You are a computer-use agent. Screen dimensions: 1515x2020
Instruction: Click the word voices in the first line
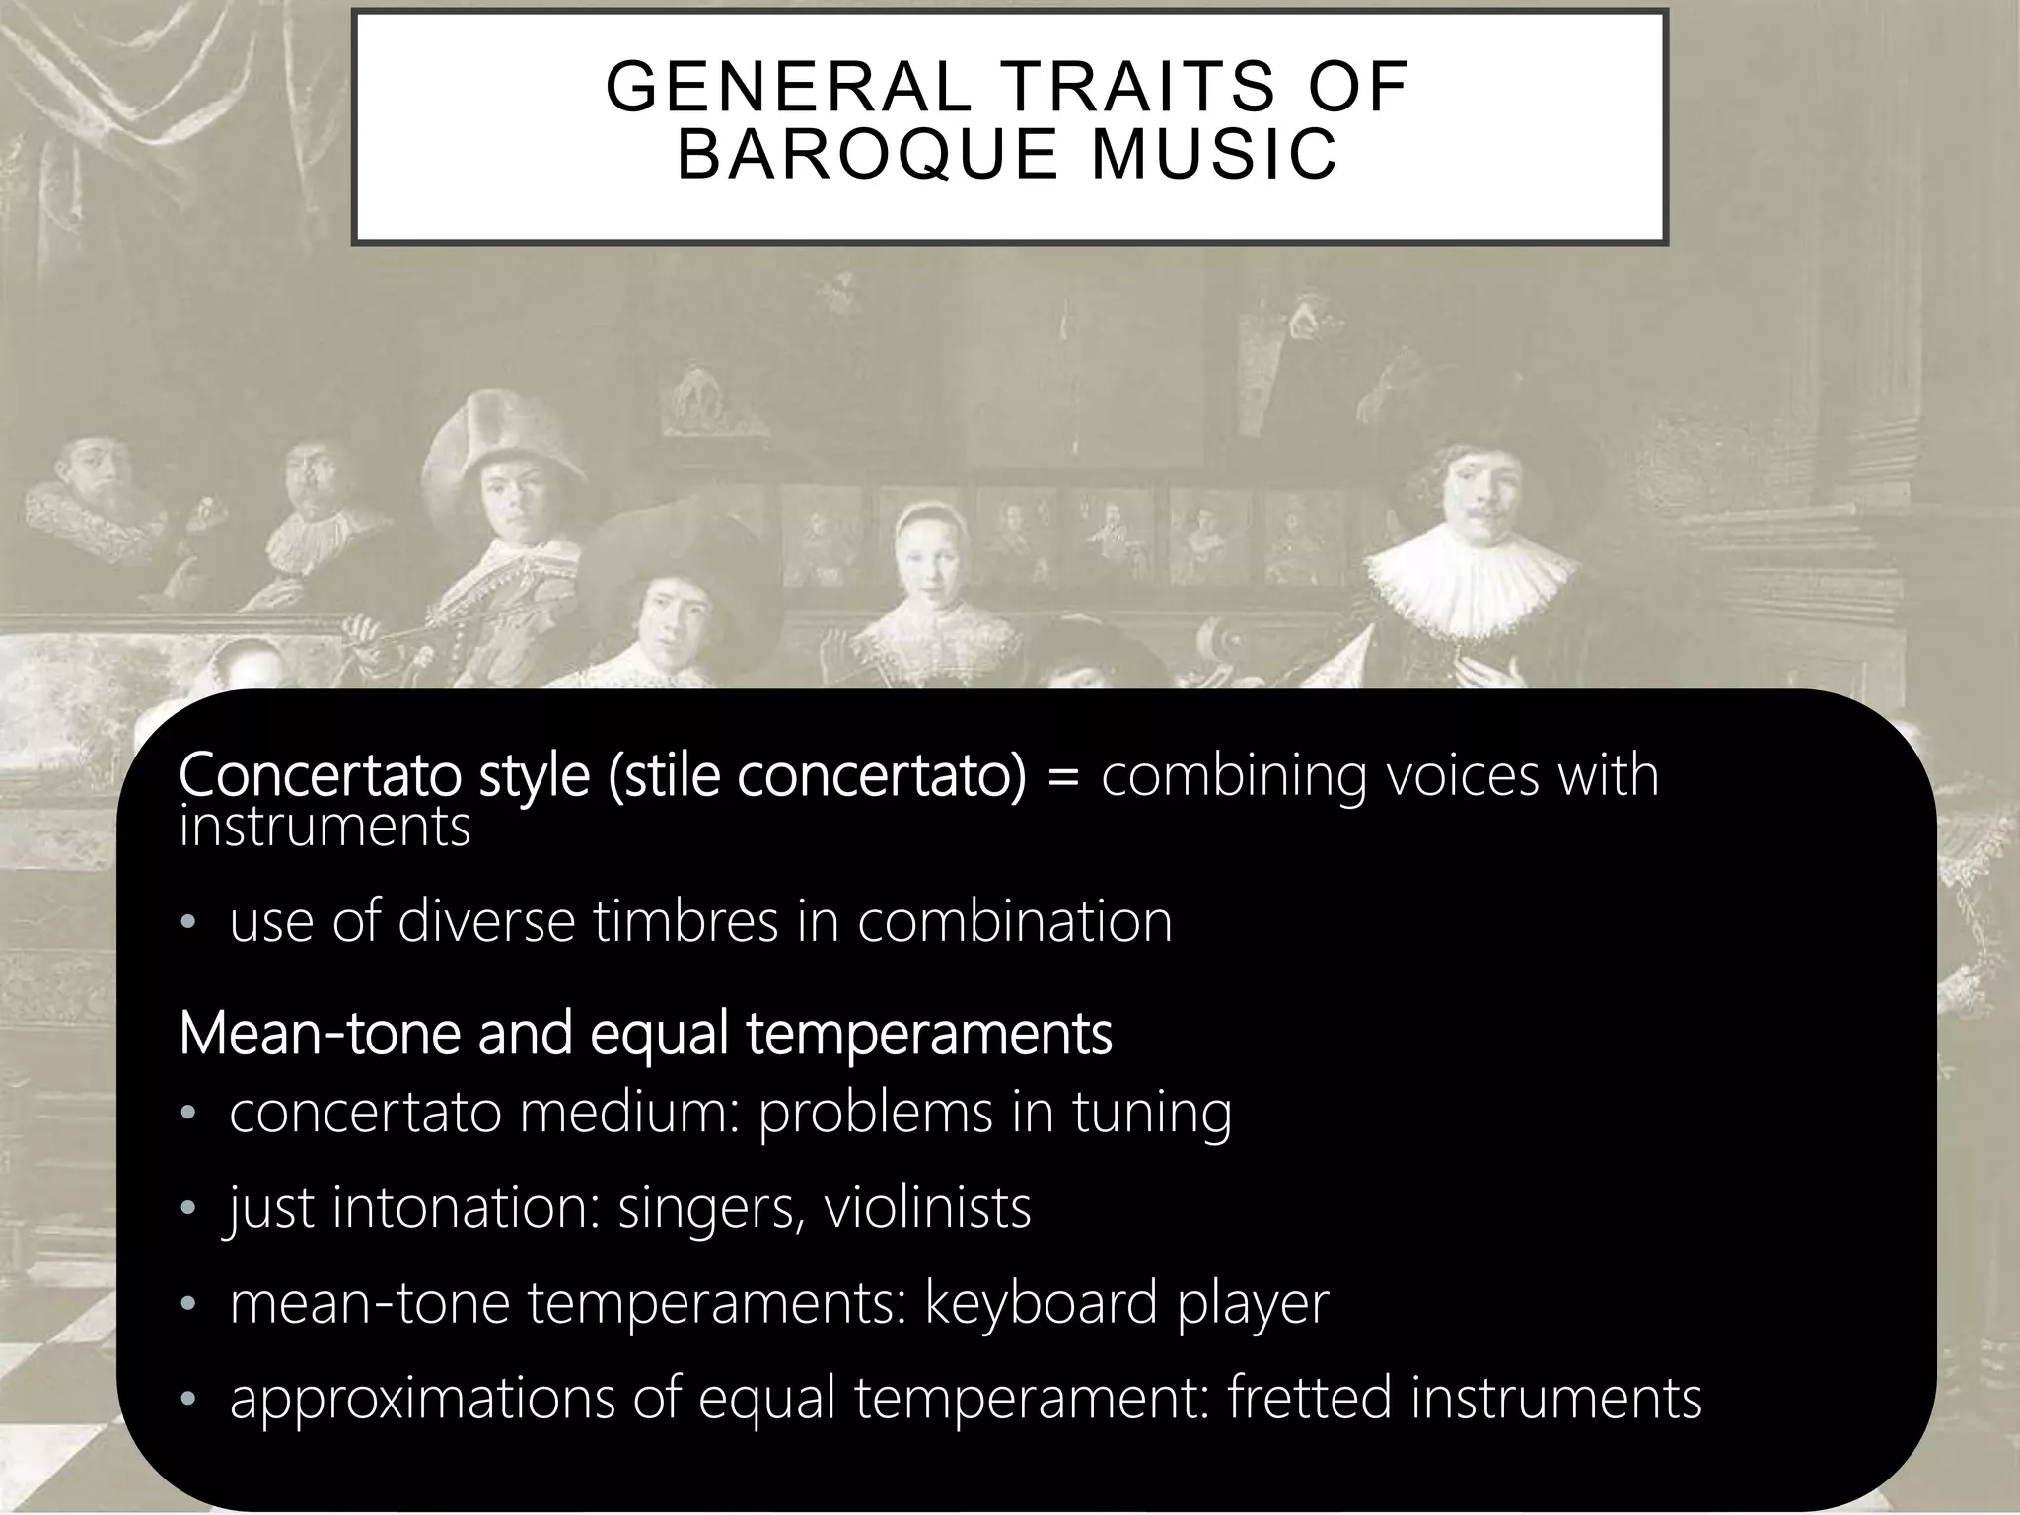(1463, 775)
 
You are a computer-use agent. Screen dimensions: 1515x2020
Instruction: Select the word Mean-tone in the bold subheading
(320, 1033)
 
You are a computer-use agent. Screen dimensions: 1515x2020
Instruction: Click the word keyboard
(1041, 1302)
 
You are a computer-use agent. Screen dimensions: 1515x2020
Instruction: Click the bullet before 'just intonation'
(188, 1209)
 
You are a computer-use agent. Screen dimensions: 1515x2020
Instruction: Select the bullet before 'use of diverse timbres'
(188, 923)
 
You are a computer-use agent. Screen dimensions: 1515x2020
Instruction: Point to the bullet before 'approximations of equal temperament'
(188, 1400)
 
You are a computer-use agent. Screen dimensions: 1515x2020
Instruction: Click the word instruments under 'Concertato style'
(325, 827)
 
